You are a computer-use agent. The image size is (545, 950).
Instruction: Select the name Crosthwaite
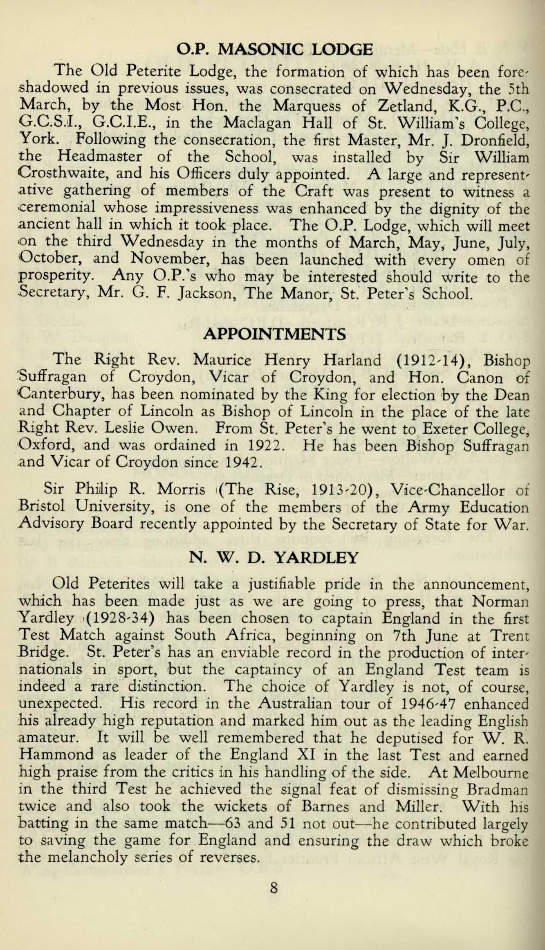[x=63, y=175]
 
